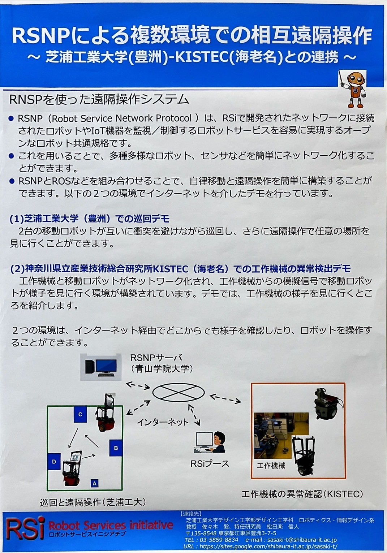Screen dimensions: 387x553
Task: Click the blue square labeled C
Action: (80, 415)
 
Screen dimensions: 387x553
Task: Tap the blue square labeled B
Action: (116, 448)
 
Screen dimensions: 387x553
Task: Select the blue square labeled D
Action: (54, 461)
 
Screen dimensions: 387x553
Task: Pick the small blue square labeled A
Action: (95, 483)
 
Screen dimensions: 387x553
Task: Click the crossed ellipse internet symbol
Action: (178, 392)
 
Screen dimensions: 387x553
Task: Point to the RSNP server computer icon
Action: (101, 367)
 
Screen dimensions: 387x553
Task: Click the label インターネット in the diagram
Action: (163, 422)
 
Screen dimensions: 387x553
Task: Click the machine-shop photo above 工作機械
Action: (281, 436)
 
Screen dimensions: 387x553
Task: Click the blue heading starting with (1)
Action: (89, 219)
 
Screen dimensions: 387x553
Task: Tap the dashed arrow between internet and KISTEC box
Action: (225, 399)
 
